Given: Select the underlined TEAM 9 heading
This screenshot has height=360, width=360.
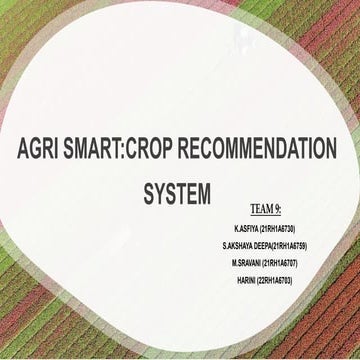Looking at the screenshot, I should [265, 209].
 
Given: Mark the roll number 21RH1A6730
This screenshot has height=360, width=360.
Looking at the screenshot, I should [278, 229].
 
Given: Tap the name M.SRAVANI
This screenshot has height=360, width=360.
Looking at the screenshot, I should [247, 262].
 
